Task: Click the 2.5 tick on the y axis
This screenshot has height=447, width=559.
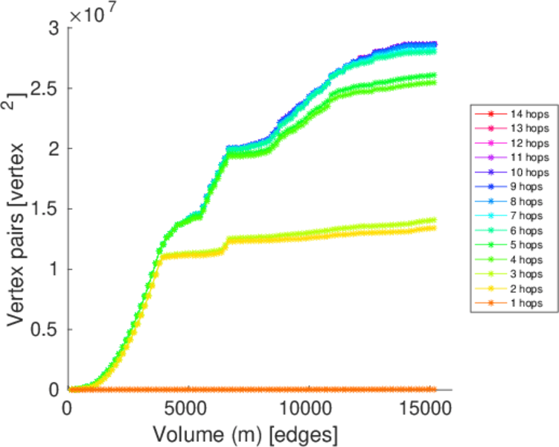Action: point(48,88)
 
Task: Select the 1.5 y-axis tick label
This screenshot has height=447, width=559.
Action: point(48,209)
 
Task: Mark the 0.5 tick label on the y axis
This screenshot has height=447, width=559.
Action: point(48,329)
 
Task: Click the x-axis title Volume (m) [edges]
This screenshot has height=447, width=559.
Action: point(246,433)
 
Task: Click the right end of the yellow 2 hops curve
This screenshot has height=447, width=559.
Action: point(434,228)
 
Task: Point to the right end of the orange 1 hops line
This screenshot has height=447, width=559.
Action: point(434,389)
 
